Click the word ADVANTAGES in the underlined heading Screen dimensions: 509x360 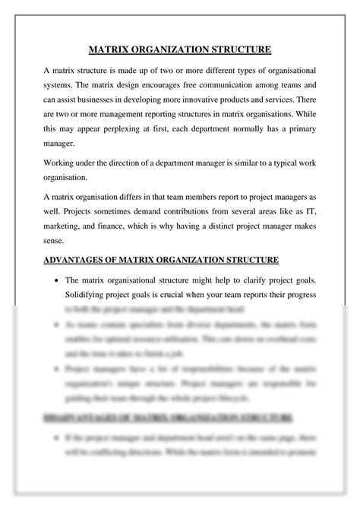coord(76,260)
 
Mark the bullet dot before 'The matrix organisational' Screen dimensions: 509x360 coord(58,280)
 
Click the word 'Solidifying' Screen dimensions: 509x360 coord(90,295)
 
